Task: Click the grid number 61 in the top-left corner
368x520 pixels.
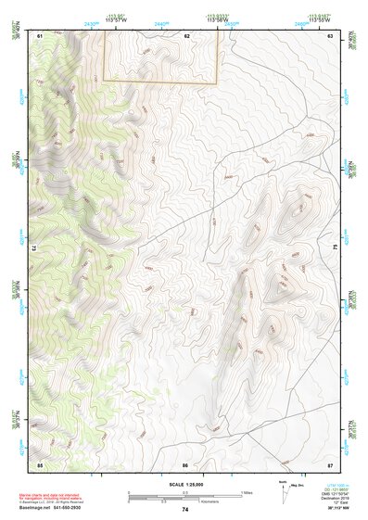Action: pyautogui.click(x=40, y=34)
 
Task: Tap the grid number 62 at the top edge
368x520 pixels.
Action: pyautogui.click(x=186, y=34)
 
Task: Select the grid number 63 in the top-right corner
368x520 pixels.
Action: pyautogui.click(x=331, y=34)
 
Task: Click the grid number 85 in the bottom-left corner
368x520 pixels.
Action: pyautogui.click(x=40, y=463)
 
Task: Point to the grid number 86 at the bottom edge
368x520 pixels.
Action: pyautogui.click(x=185, y=463)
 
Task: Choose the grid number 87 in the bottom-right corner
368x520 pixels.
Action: pyautogui.click(x=331, y=463)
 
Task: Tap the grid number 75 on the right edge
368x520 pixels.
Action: pyautogui.click(x=335, y=248)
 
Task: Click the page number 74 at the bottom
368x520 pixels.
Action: pyautogui.click(x=185, y=509)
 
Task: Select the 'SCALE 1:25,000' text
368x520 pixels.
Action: pyautogui.click(x=184, y=484)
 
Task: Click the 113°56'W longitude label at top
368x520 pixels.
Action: pyautogui.click(x=217, y=19)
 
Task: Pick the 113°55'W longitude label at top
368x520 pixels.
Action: pyautogui.click(x=319, y=19)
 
